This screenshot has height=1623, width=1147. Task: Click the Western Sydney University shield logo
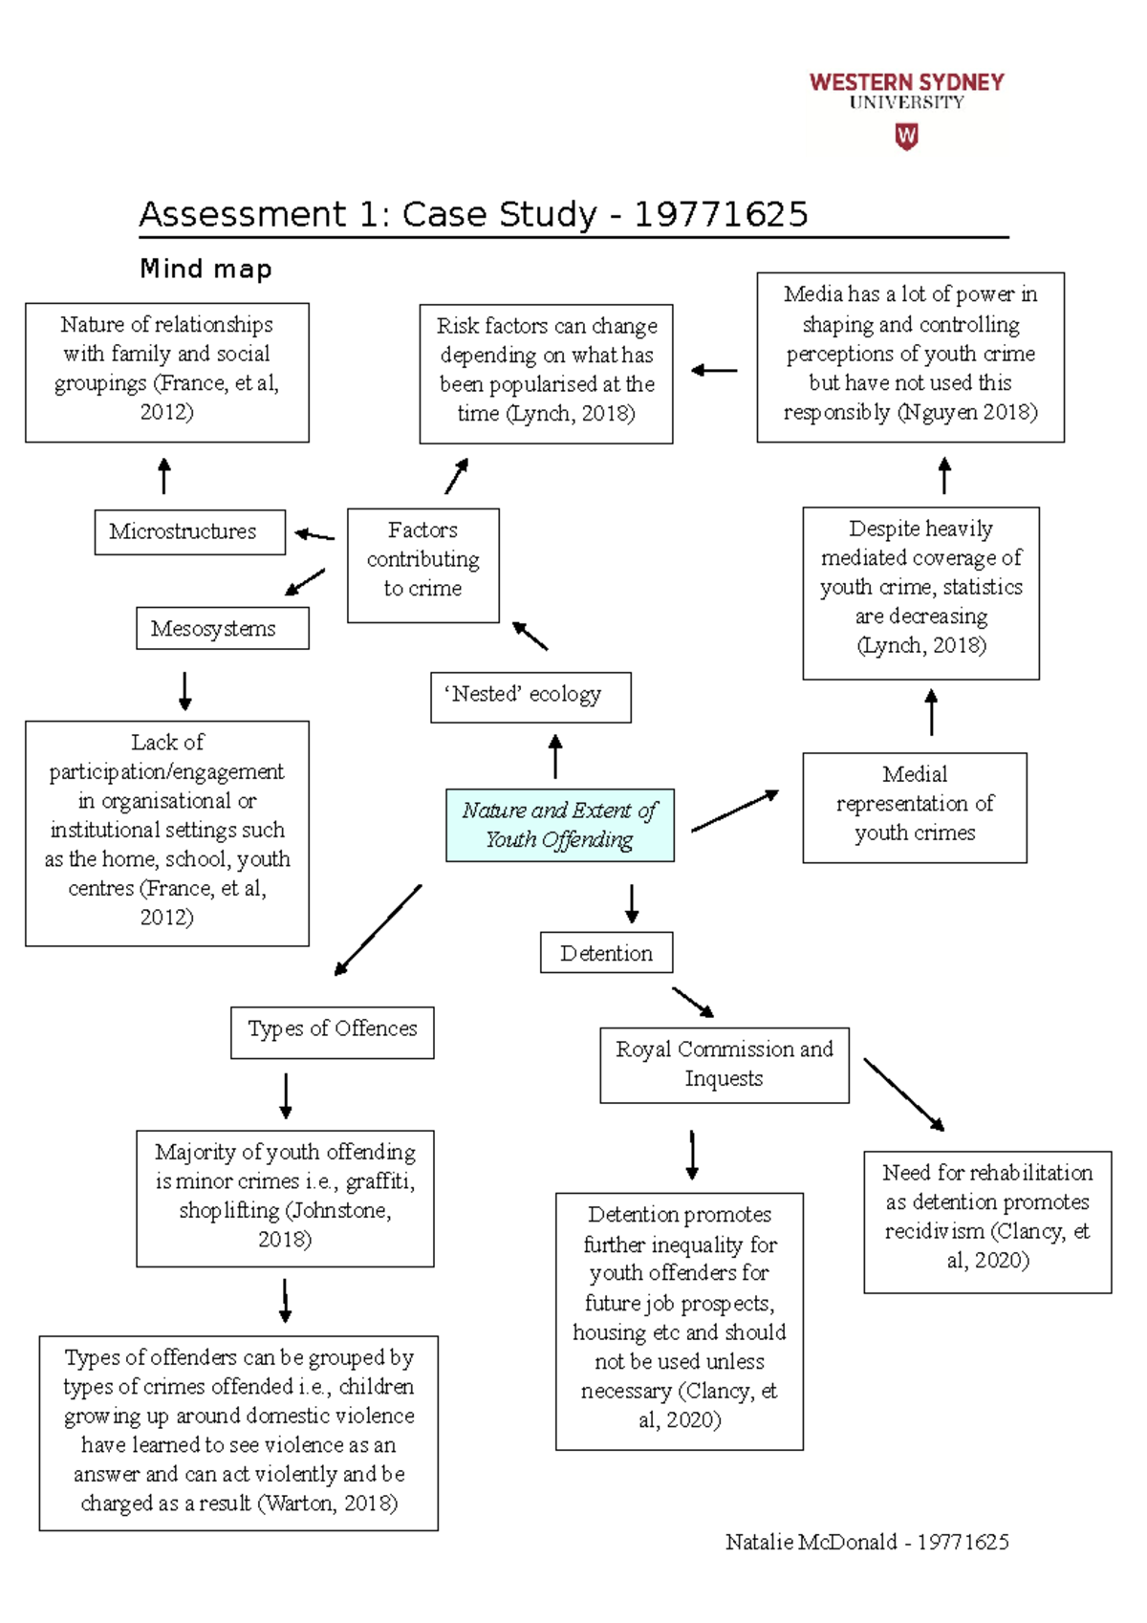pos(906,137)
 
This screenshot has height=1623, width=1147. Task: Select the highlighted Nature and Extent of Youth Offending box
pos(559,825)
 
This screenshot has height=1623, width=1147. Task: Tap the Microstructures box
pos(189,531)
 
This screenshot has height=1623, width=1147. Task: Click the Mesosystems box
pos(222,628)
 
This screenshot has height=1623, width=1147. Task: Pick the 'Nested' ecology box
pos(530,696)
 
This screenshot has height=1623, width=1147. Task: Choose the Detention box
pos(606,952)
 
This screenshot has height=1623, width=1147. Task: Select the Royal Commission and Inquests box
pos(724,1065)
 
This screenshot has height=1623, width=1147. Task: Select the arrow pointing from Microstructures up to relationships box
pos(164,475)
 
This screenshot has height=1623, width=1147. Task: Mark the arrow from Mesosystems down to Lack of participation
pos(185,689)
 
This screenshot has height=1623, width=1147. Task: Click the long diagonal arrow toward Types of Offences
pos(378,929)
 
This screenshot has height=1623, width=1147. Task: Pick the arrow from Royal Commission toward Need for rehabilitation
pos(903,1093)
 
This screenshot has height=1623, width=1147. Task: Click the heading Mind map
pos(206,269)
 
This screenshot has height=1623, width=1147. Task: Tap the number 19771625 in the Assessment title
pos(721,214)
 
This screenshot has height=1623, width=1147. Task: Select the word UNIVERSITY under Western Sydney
pos(906,102)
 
